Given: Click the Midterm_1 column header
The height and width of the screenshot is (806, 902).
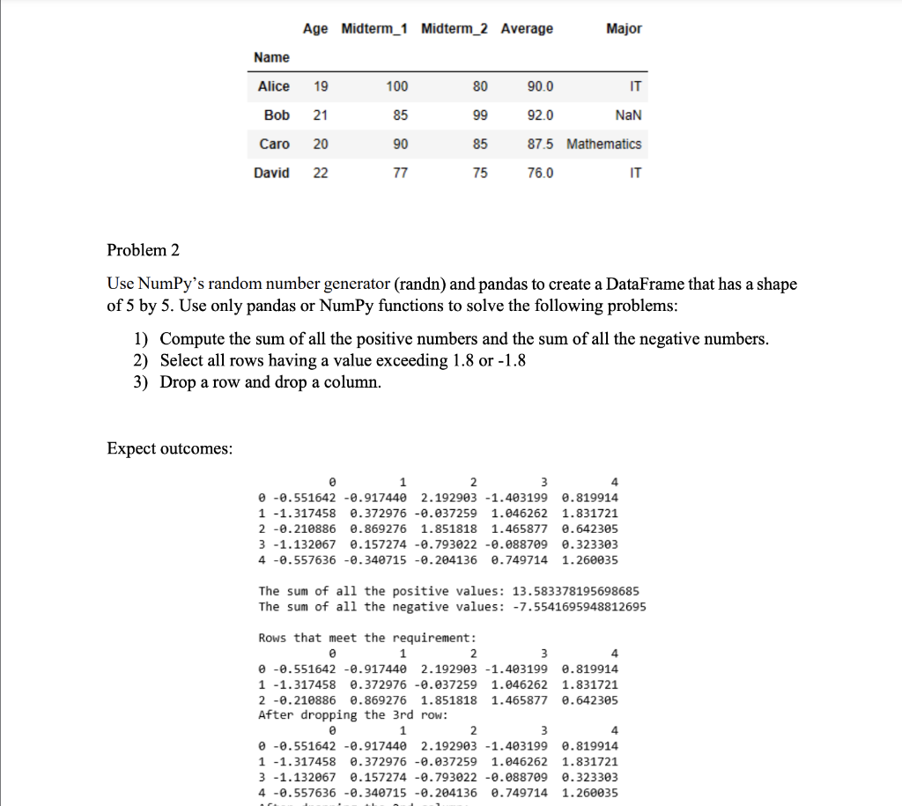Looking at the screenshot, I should pyautogui.click(x=374, y=29).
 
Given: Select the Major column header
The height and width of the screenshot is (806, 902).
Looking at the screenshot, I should pyautogui.click(x=624, y=29).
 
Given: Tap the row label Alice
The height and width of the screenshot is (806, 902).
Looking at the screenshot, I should pyautogui.click(x=273, y=86).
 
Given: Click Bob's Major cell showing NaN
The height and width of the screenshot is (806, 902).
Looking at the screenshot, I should pyautogui.click(x=628, y=115).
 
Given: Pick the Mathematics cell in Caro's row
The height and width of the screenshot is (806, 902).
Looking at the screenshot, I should pyautogui.click(x=603, y=144).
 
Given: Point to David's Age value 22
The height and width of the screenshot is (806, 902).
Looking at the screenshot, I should pyautogui.click(x=320, y=173).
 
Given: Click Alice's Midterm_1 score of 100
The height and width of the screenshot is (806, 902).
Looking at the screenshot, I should pyautogui.click(x=397, y=86).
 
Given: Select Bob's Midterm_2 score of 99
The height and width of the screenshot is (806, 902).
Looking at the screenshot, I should pyautogui.click(x=479, y=115).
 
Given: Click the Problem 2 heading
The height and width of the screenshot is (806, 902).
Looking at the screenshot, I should pyautogui.click(x=143, y=250).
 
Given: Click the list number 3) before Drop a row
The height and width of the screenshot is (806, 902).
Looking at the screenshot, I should pyautogui.click(x=142, y=382).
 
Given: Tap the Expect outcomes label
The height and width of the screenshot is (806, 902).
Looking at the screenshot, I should pyautogui.click(x=170, y=448).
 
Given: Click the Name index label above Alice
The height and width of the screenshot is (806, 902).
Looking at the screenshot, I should pyautogui.click(x=271, y=57).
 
